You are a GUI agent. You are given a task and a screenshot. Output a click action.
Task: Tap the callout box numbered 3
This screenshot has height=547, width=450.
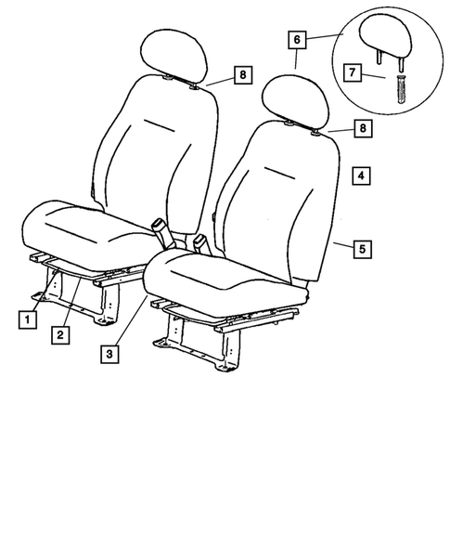pos(110,353)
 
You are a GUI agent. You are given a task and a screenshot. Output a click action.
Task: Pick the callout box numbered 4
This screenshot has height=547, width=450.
pos(361,174)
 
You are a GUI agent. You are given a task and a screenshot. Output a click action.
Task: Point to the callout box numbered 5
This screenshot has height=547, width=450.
pos(363,249)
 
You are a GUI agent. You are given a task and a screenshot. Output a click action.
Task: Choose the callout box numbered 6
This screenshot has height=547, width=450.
pos(296,41)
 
